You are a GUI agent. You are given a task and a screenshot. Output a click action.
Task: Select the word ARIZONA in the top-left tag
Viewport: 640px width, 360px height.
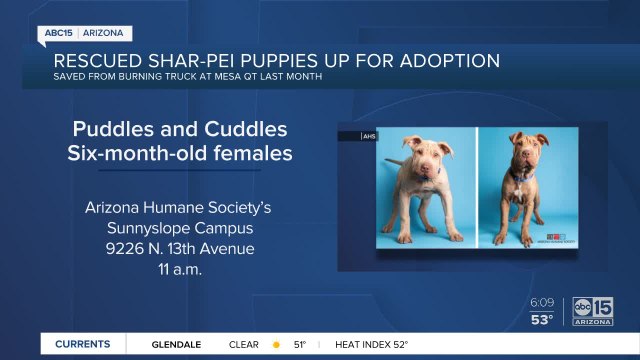pos(105,33)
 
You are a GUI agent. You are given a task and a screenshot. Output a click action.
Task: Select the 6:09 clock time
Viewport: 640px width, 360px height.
pos(543,302)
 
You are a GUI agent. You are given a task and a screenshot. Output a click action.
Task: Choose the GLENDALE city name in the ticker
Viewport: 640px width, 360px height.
pos(176,344)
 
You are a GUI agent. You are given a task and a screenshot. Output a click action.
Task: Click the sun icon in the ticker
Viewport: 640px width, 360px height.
pos(276,344)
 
